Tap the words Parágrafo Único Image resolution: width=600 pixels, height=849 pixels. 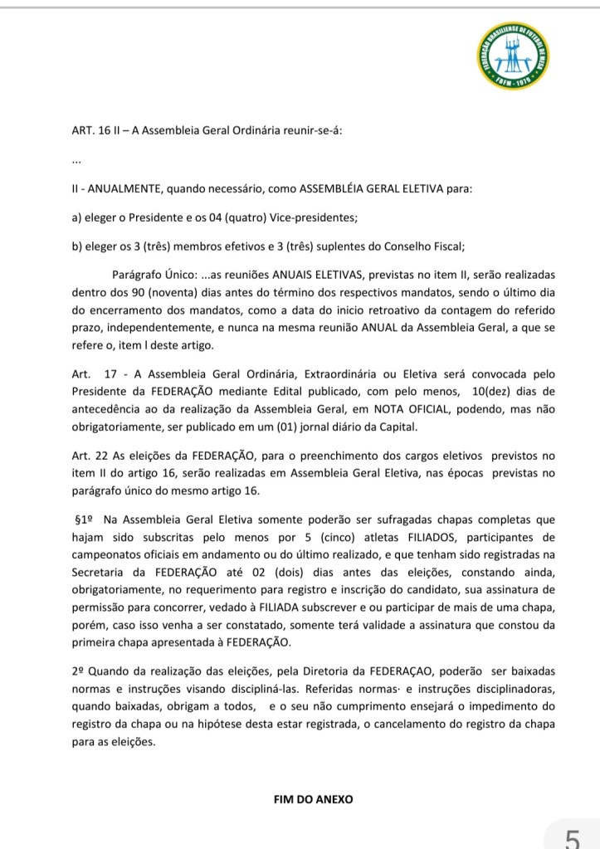(149, 275)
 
